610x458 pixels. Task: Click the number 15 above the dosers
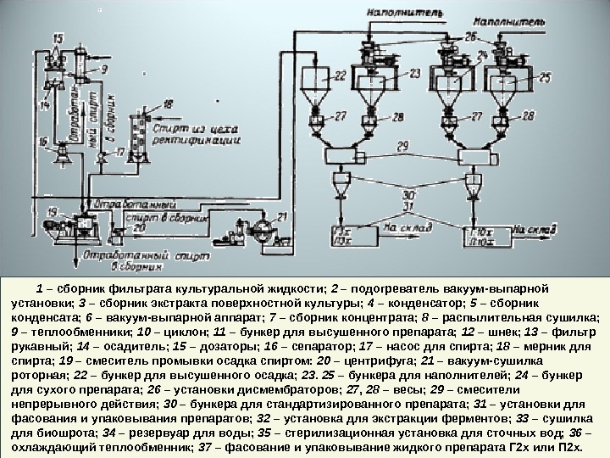point(58,38)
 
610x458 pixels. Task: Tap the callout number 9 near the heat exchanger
point(104,68)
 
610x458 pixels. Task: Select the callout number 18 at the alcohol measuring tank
point(168,103)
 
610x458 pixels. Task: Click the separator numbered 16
point(63,157)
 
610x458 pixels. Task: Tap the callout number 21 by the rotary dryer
point(283,215)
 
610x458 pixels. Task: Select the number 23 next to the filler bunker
point(413,74)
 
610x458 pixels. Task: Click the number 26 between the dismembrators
point(470,36)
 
